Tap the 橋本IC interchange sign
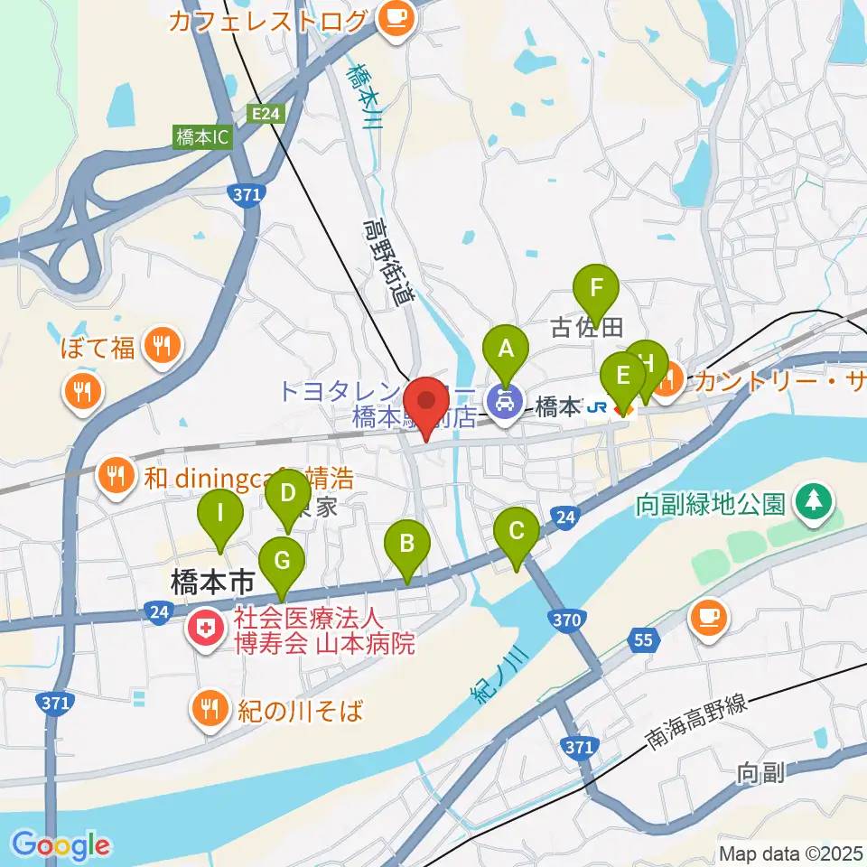pos(203,137)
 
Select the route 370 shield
pos(565,620)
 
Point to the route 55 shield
pos(642,640)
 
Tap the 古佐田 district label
pos(587,327)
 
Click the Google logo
pos(61,844)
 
